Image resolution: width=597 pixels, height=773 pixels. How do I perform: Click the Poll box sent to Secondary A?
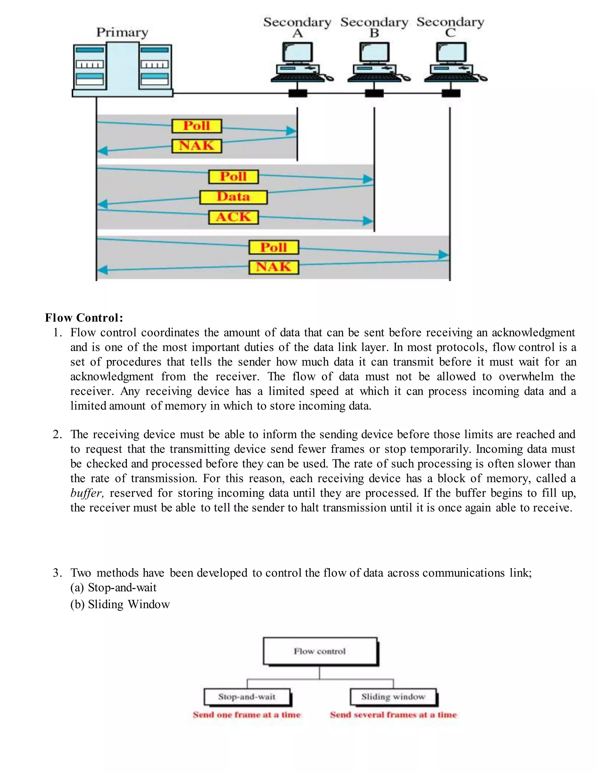pyautogui.click(x=197, y=126)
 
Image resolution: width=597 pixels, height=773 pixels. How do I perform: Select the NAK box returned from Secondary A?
pyautogui.click(x=197, y=146)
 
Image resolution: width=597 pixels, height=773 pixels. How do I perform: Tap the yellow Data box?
pyautogui.click(x=233, y=197)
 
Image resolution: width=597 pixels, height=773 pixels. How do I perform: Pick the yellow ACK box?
pyautogui.click(x=233, y=217)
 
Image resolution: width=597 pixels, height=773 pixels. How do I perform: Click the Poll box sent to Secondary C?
pyautogui.click(x=274, y=247)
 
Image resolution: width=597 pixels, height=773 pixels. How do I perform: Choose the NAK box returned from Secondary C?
pyautogui.click(x=274, y=267)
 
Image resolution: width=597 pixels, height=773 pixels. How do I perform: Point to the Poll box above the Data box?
pyautogui.click(x=233, y=176)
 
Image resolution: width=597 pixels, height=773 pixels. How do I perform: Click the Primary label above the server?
pyautogui.click(x=122, y=33)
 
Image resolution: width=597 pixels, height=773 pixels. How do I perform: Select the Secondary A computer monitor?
pyautogui.click(x=297, y=53)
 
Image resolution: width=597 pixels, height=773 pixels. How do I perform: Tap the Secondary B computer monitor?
pyautogui.click(x=374, y=53)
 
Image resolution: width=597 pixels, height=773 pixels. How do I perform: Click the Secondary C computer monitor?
pyautogui.click(x=451, y=53)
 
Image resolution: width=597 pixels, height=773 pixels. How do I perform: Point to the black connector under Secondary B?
pyautogui.click(x=374, y=93)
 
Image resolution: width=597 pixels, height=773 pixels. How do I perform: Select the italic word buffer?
pyautogui.click(x=86, y=493)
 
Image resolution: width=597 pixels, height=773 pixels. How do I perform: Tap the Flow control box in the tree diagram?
pyautogui.click(x=320, y=651)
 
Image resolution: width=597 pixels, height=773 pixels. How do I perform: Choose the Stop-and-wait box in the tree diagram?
pyautogui.click(x=247, y=697)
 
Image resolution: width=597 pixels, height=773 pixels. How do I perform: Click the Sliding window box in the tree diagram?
pyautogui.click(x=393, y=697)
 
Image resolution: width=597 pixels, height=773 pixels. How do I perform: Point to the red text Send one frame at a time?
pyautogui.click(x=247, y=715)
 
